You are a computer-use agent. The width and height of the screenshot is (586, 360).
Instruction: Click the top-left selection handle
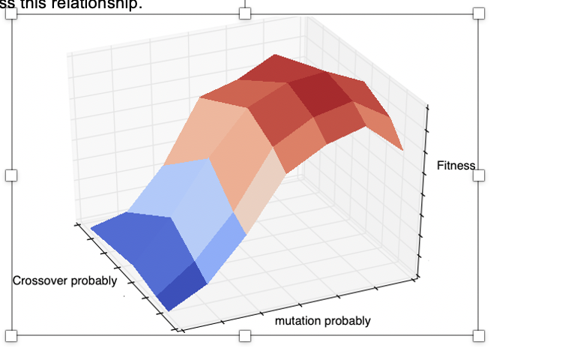(11, 13)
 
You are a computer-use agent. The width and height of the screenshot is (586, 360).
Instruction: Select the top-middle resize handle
(244, 13)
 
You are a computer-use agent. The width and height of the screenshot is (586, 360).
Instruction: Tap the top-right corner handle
(479, 13)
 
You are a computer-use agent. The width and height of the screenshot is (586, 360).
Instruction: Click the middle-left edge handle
(11, 175)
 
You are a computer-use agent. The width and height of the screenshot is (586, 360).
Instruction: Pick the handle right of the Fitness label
(479, 175)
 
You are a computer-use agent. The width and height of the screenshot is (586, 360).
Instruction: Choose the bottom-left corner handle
(11, 335)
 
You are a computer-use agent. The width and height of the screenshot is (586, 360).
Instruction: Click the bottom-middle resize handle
(244, 335)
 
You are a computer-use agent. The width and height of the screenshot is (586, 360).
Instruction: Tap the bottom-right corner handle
(479, 335)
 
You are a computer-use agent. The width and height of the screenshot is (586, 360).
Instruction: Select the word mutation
(298, 321)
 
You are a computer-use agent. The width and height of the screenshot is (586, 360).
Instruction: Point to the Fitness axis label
(456, 165)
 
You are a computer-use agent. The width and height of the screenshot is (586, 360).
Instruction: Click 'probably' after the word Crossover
(93, 280)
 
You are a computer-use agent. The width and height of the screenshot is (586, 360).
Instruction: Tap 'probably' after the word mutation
(346, 321)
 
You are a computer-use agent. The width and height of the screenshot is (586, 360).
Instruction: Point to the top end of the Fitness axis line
(427, 107)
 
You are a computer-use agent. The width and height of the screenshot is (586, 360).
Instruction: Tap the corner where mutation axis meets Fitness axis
(417, 281)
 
